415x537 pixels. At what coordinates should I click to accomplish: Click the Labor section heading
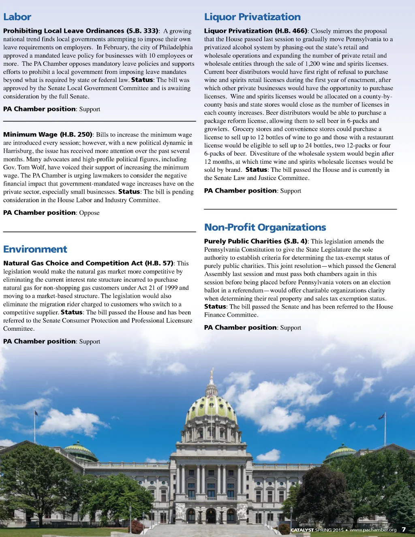[x=17, y=17]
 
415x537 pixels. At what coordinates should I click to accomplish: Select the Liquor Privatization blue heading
[x=252, y=17]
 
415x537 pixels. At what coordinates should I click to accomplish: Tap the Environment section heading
[x=35, y=249]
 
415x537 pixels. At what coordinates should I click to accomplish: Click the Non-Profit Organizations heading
[x=265, y=227]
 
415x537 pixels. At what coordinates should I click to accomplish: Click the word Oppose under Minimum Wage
[x=89, y=213]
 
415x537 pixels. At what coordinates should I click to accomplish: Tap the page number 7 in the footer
[x=404, y=529]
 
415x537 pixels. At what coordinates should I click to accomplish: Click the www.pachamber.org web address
[x=373, y=530]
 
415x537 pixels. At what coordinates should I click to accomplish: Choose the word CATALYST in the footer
[x=302, y=530]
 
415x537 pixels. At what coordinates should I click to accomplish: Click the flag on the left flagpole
[x=36, y=413]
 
